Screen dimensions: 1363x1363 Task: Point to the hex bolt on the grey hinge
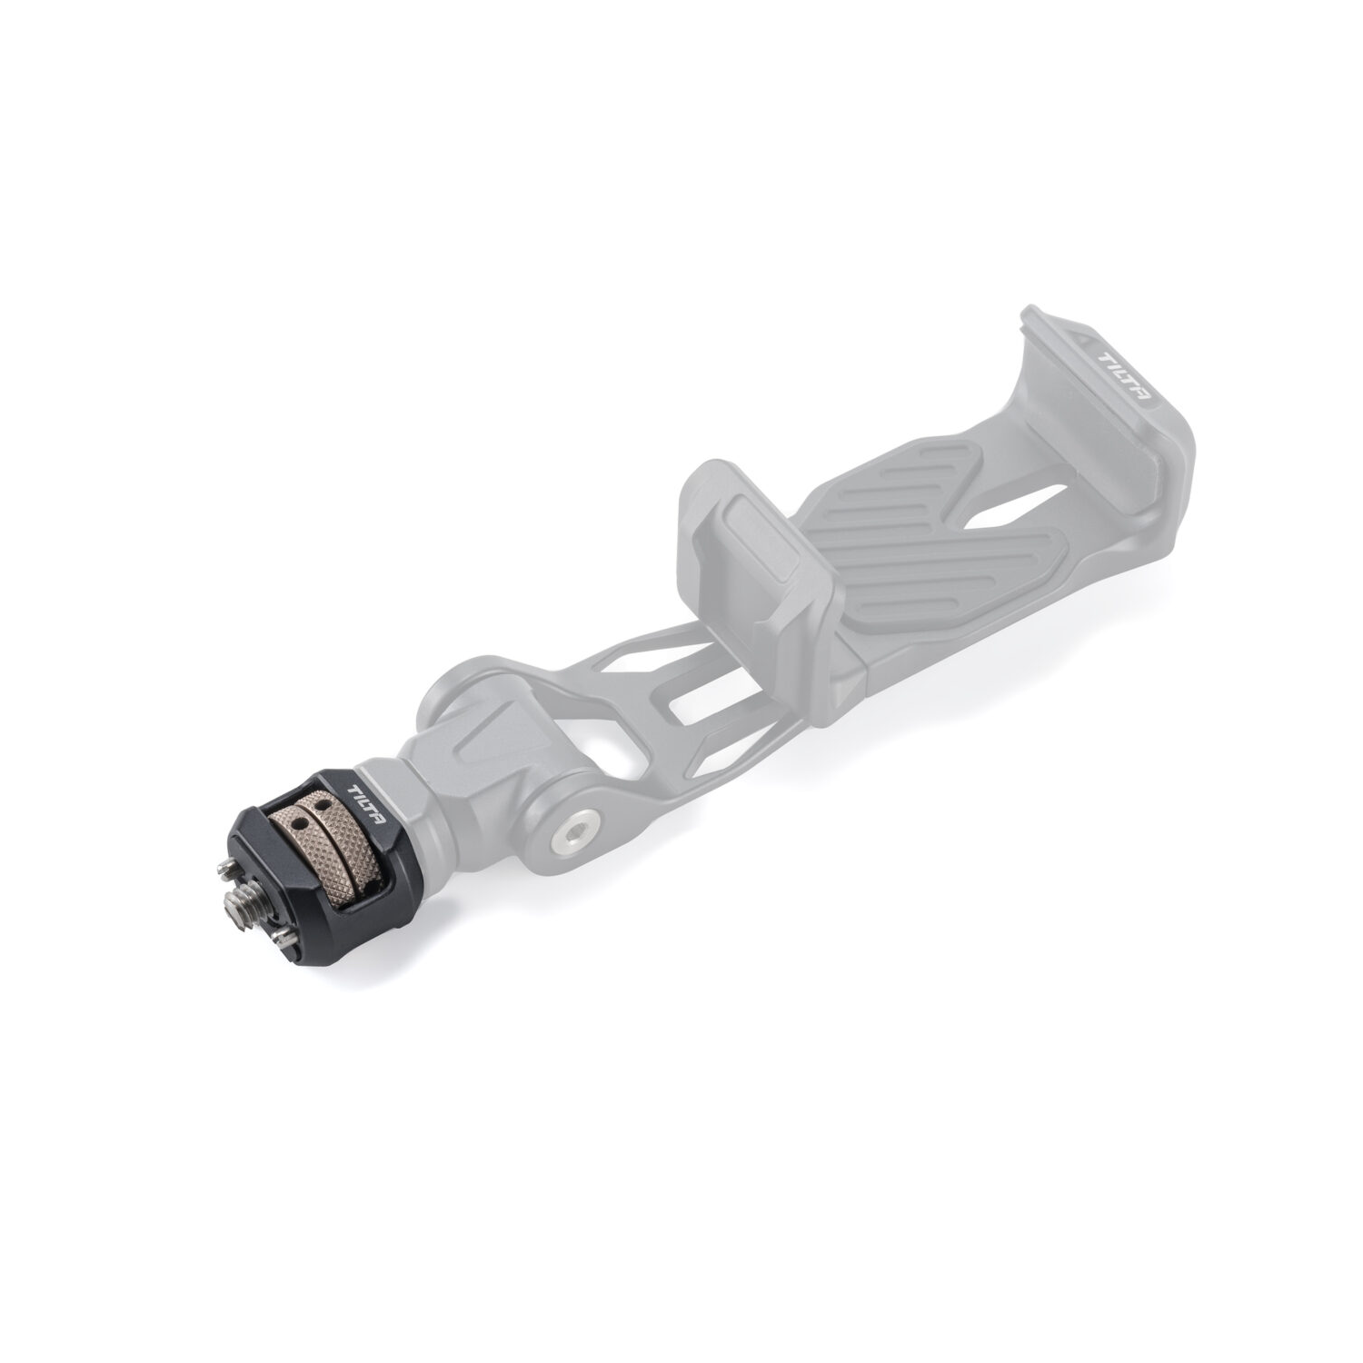click(572, 828)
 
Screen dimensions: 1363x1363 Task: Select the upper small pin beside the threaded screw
click(225, 871)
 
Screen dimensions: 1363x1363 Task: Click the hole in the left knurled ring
click(293, 814)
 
